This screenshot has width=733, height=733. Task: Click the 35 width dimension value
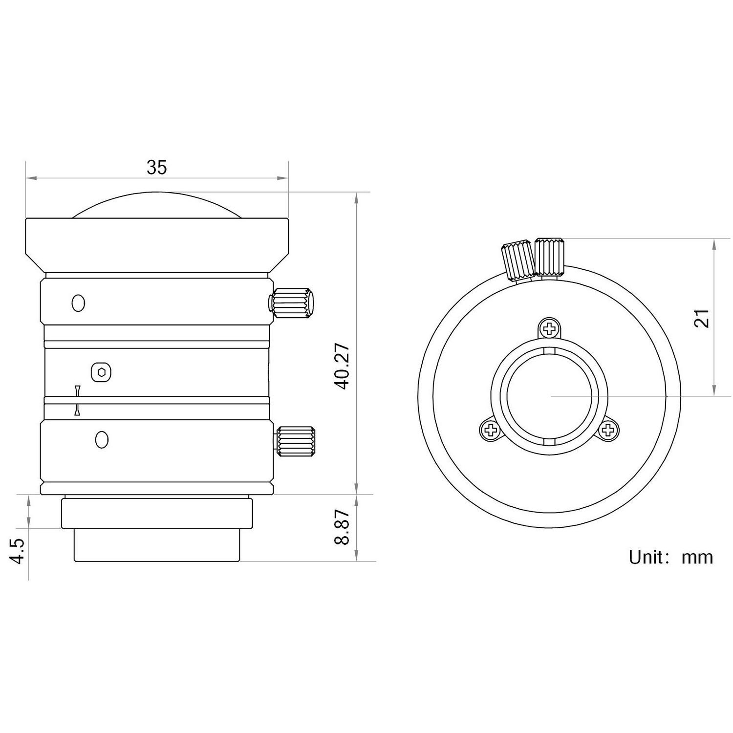click(157, 168)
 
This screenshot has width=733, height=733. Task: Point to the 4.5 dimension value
click(18, 552)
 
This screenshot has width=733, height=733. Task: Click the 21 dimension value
click(702, 318)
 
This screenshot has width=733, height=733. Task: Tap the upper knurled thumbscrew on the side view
click(292, 303)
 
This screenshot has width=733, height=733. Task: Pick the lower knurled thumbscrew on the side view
click(295, 441)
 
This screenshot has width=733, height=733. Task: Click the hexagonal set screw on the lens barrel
click(101, 372)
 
